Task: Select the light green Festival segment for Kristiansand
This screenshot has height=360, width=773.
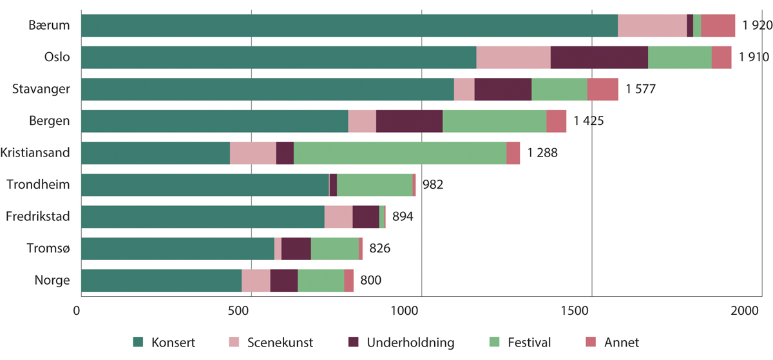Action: [x=399, y=153]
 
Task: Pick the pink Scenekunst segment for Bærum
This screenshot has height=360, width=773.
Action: [x=652, y=26]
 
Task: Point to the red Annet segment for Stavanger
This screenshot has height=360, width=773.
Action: [x=602, y=90]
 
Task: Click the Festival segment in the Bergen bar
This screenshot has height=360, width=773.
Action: [x=494, y=121]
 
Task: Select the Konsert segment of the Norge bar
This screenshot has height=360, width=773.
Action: [x=161, y=281]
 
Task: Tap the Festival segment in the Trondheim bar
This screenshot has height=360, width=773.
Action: [x=374, y=185]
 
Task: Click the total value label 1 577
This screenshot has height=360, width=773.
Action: [x=640, y=90]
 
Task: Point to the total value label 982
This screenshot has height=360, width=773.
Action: [x=433, y=185]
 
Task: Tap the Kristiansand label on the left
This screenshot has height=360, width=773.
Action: [x=36, y=153]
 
